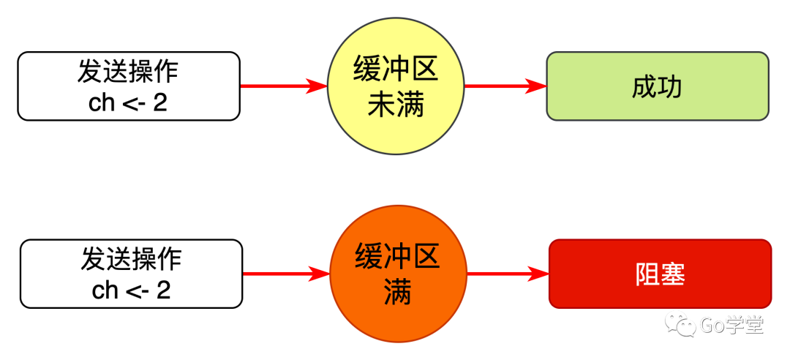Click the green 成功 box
pos(657,86)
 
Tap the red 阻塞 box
pos(660,274)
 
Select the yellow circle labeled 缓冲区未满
pos(396,86)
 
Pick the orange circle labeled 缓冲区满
pos(398,274)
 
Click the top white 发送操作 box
pos(129,86)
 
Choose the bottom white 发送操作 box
pos(132,274)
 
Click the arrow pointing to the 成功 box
pos(505,86)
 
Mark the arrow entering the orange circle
pos(286,274)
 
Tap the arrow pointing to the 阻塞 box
pos(508,274)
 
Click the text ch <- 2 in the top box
pos(128,102)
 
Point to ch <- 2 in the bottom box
pos(132,290)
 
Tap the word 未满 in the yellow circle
pos(396,105)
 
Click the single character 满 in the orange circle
pos(398,293)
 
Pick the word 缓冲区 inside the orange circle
pos(398,258)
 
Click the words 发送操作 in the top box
pos(128,71)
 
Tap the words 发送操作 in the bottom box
pos(132,259)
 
